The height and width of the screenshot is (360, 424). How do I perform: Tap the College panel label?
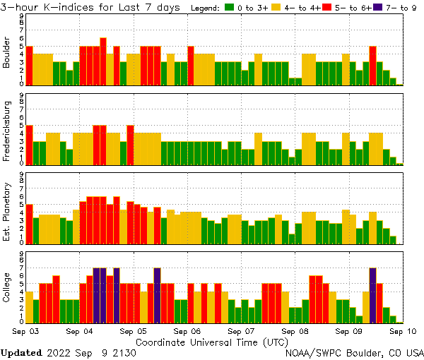[7, 287]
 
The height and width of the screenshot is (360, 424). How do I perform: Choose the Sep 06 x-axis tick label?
[187, 330]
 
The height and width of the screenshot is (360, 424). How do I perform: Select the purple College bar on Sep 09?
[372, 294]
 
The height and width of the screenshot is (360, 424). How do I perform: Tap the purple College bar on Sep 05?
[157, 294]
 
